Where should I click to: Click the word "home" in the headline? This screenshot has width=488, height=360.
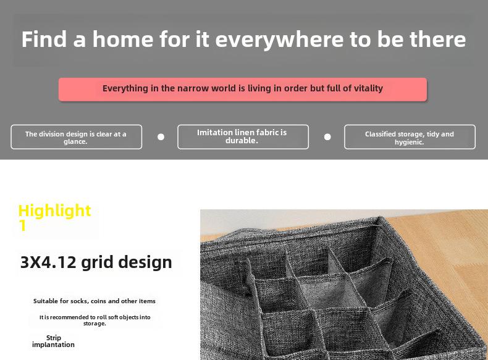123,39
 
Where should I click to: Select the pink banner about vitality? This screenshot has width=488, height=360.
243,90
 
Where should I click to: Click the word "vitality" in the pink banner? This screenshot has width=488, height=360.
368,88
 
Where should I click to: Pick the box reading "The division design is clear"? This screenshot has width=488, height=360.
76,137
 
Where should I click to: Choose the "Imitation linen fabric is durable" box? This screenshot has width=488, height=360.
243,137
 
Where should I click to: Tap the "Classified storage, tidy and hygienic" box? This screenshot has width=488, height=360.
410,137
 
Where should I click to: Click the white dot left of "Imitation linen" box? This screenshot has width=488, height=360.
161,137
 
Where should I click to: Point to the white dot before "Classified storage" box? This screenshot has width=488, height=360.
327,137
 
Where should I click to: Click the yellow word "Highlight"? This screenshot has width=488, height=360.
55,211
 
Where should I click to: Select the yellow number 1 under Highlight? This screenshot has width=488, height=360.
22,225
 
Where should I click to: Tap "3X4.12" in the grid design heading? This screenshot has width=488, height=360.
48,262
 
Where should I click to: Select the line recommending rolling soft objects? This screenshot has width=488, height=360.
95,320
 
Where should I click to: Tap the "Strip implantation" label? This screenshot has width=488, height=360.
53,341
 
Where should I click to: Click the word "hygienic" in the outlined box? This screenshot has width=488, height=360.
410,142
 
